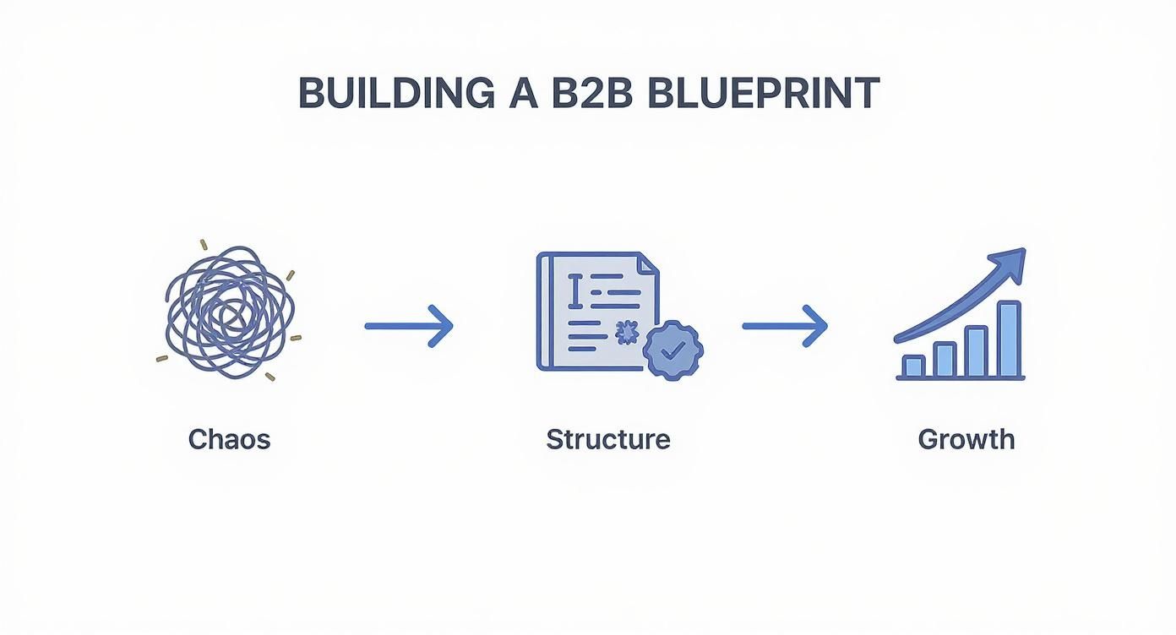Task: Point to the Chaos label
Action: click(x=229, y=439)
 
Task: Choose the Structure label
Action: click(x=607, y=439)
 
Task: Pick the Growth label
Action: click(x=966, y=439)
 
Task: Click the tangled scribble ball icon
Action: click(x=229, y=312)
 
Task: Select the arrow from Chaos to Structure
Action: click(x=409, y=325)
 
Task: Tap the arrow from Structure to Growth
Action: click(x=785, y=325)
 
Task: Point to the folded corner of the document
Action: click(x=648, y=263)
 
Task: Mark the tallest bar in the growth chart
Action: click(x=1009, y=339)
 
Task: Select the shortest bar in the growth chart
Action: click(x=912, y=366)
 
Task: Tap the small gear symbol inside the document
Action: click(x=626, y=334)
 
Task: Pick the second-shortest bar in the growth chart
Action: click(x=945, y=359)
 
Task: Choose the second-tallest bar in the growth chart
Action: click(x=976, y=351)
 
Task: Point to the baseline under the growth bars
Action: click(x=960, y=378)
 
